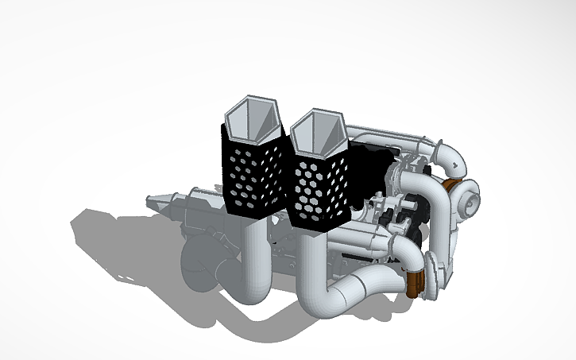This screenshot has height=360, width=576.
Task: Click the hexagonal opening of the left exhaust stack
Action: pyautogui.click(x=252, y=118)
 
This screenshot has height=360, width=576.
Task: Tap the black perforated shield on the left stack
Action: pyautogui.click(x=253, y=175)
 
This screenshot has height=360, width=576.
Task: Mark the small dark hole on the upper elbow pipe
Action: pyautogui.click(x=456, y=165)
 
